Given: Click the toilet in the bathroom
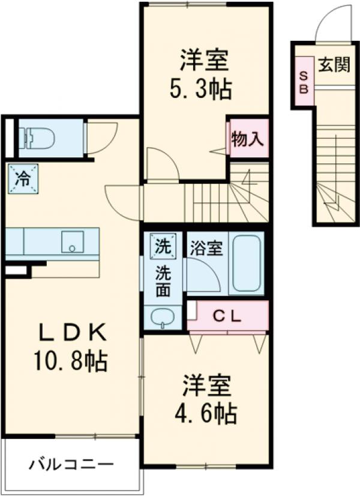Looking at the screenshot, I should (x=37, y=139).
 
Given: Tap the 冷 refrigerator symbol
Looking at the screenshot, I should (x=23, y=178).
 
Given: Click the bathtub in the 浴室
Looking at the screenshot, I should (x=246, y=265).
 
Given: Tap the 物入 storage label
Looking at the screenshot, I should (x=247, y=140).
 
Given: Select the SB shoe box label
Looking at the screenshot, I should (x=304, y=82).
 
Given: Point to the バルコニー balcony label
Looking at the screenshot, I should (x=71, y=465).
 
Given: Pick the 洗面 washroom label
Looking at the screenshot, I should (x=163, y=281).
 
